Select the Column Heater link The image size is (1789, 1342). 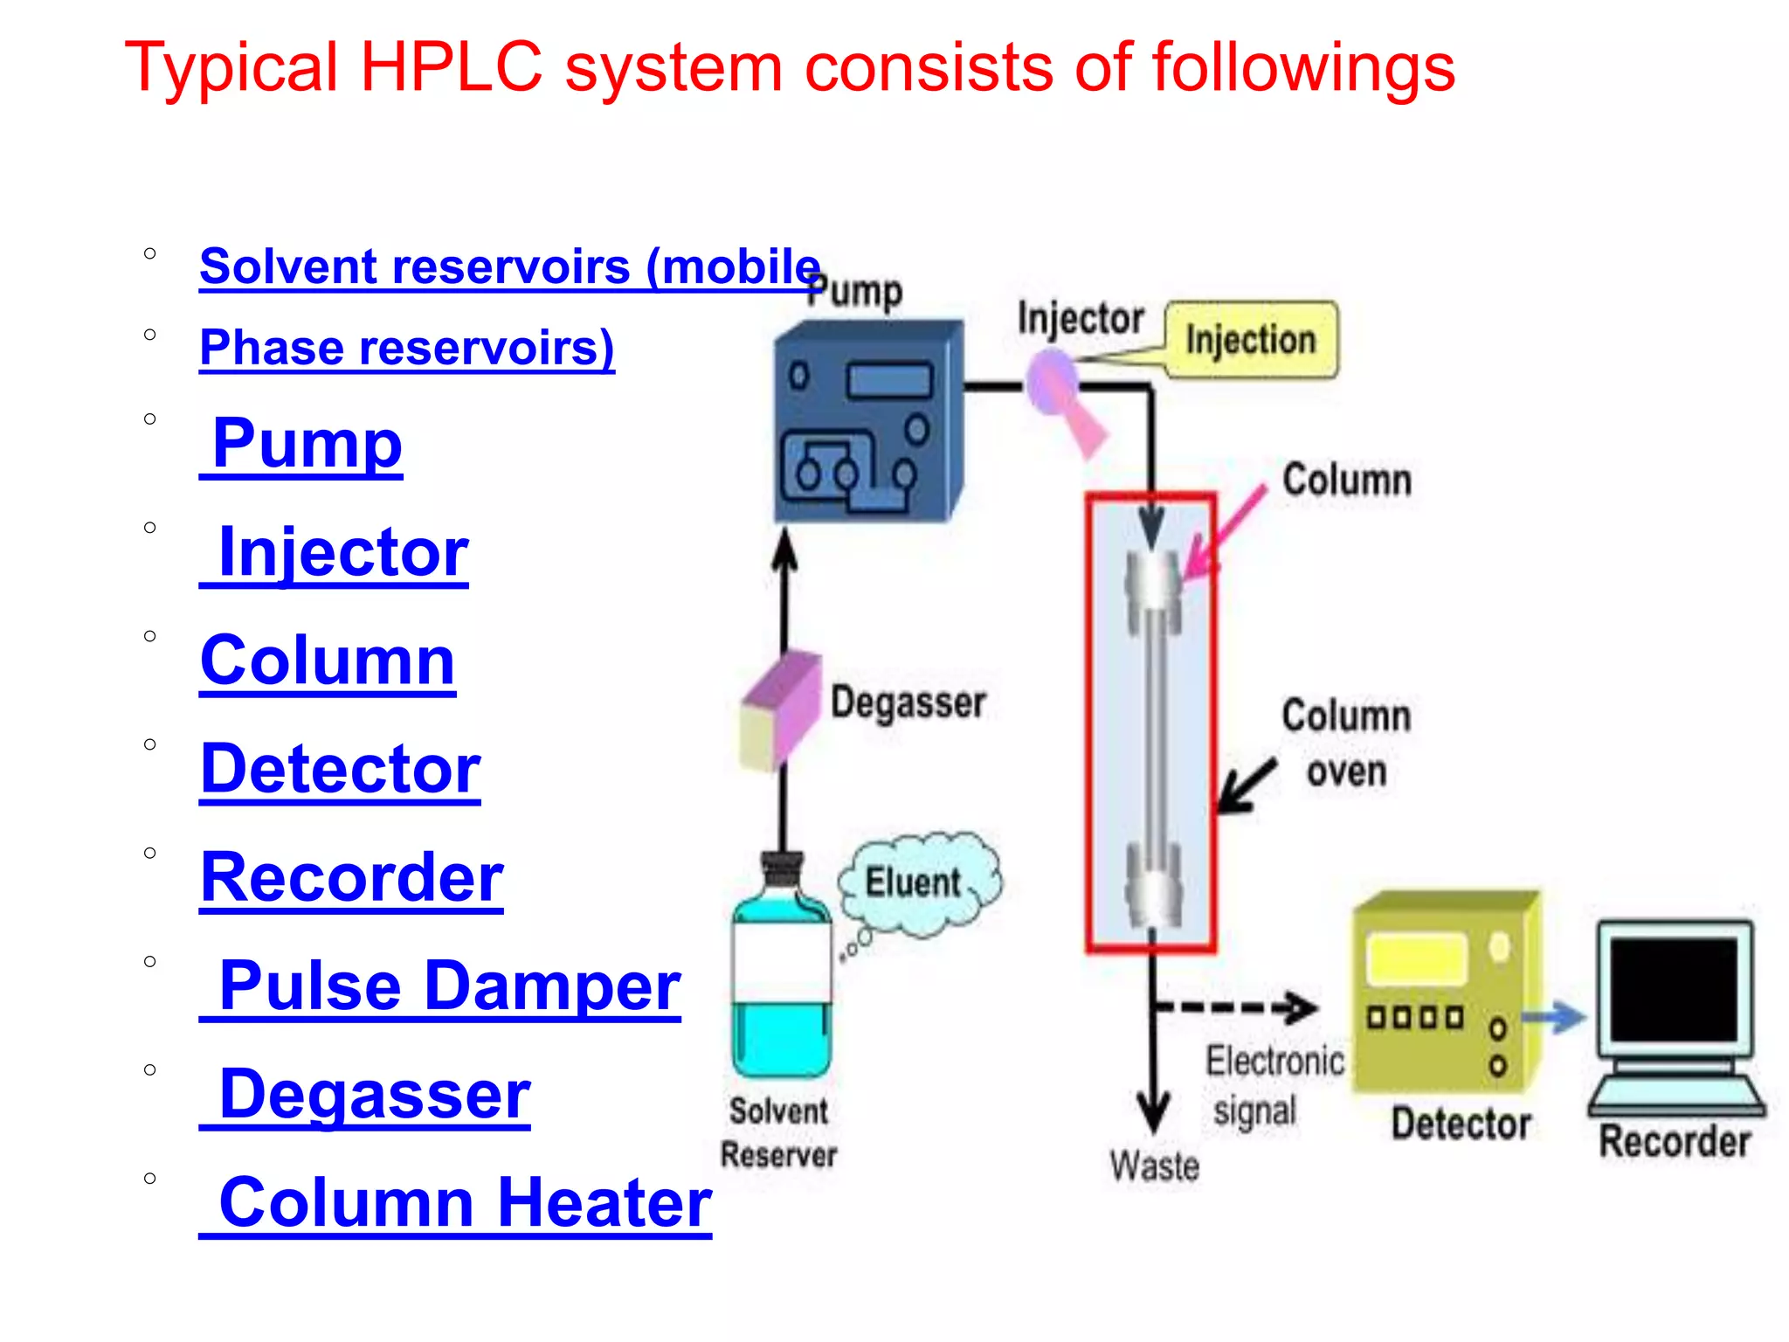pyautogui.click(x=465, y=1202)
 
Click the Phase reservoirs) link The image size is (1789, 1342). pyautogui.click(x=407, y=348)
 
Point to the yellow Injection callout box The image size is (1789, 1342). pyautogui.click(x=1251, y=340)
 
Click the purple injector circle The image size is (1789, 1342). pyautogui.click(x=1050, y=381)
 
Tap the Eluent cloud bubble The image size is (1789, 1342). pyautogui.click(x=916, y=882)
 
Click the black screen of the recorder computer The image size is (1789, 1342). pyautogui.click(x=1673, y=989)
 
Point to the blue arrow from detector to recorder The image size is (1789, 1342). pyautogui.click(x=1555, y=1018)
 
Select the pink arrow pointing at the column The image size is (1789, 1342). pyautogui.click(x=1225, y=531)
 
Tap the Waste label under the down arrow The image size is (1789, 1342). pyautogui.click(x=1154, y=1166)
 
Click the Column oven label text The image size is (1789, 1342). pyautogui.click(x=1346, y=744)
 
